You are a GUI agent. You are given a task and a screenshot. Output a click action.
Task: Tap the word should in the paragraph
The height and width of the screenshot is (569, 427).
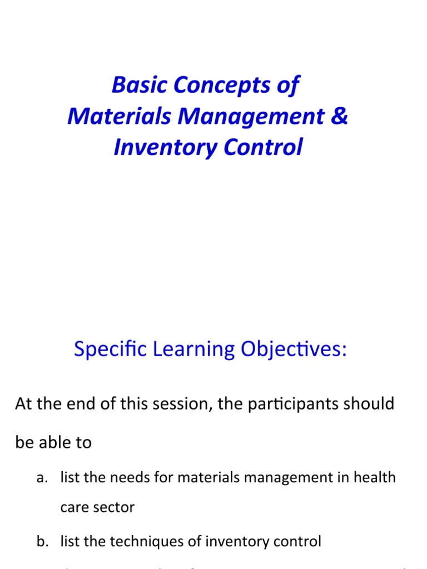coord(372,403)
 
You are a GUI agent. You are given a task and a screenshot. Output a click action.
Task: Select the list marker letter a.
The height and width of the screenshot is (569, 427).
coord(41,477)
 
